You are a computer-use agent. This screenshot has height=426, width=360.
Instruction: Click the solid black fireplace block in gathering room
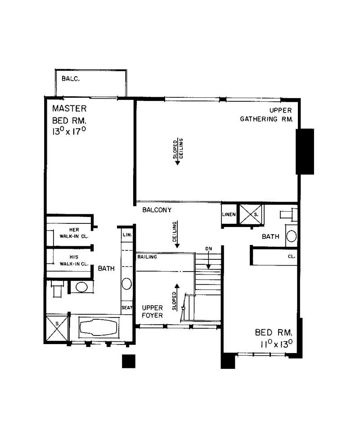click(305, 151)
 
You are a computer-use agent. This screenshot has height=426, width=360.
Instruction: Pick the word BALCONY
click(157, 210)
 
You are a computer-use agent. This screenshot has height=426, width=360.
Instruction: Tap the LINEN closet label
click(229, 214)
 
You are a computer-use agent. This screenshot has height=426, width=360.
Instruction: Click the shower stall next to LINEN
click(249, 214)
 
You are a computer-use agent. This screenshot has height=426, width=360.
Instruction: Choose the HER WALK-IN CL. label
click(71, 232)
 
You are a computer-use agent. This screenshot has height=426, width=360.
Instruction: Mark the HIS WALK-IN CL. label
click(71, 261)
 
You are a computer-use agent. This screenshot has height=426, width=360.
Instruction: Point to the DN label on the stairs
click(208, 249)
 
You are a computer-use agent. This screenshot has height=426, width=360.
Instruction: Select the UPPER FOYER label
click(152, 311)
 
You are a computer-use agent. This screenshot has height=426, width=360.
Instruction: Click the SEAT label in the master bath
click(126, 308)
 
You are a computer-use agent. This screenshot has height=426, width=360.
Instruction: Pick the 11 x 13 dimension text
click(274, 344)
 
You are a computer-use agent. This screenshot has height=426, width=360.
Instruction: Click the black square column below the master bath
click(129, 361)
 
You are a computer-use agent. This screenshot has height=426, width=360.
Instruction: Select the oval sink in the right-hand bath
click(292, 236)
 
